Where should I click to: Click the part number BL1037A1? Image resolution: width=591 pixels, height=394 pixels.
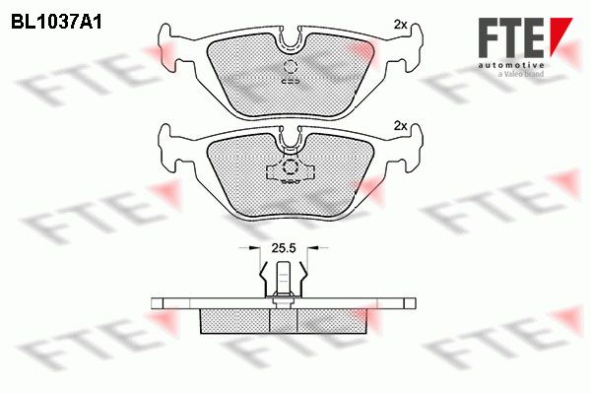[x=56, y=22]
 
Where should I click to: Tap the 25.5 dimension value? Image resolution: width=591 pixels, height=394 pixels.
[x=284, y=247]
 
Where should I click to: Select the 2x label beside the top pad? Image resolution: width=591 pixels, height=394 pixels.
[x=400, y=25]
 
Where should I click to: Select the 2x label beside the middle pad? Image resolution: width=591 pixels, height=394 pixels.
[x=400, y=126]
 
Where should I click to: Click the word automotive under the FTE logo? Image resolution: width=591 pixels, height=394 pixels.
[x=510, y=65]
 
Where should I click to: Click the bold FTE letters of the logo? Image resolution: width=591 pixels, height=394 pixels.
[x=510, y=37]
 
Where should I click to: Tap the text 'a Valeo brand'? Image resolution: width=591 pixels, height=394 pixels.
[x=520, y=74]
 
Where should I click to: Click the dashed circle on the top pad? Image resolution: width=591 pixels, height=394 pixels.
[x=291, y=67]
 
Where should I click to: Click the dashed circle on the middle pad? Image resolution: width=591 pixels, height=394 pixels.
[x=291, y=166]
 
